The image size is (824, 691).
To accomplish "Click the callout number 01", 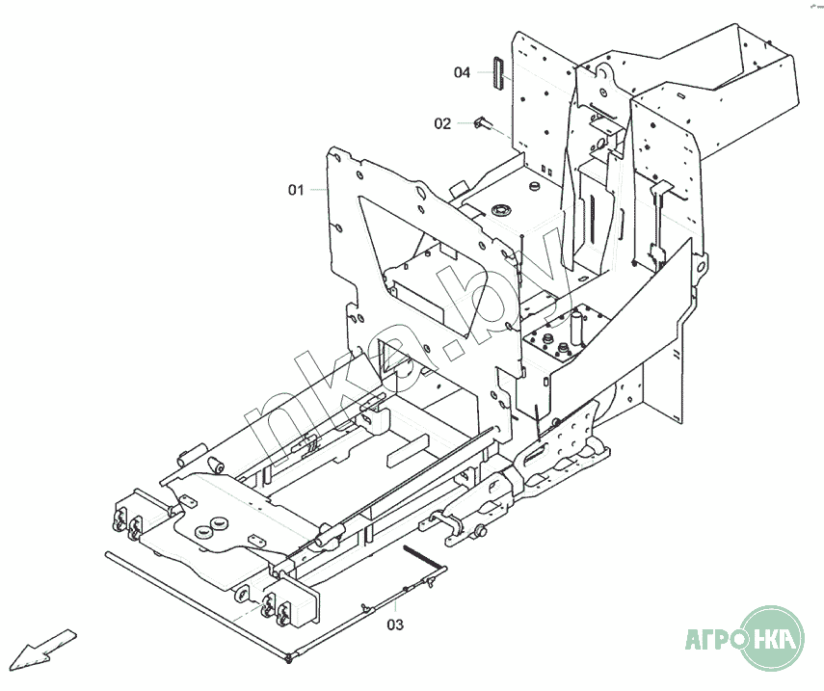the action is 296,190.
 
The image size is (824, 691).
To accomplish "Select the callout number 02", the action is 442,123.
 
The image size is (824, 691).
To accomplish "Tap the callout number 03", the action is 395,625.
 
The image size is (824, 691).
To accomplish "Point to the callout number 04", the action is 462,72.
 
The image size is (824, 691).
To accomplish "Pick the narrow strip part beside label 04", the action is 497,73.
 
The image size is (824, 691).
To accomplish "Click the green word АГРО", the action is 715,639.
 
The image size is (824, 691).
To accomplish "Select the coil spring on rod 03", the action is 420,556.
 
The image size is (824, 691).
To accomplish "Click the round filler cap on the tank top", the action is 501,210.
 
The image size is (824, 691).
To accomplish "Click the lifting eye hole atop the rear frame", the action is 602,70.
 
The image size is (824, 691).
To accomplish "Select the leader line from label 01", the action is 318,189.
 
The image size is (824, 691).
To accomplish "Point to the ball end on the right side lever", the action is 479,532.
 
